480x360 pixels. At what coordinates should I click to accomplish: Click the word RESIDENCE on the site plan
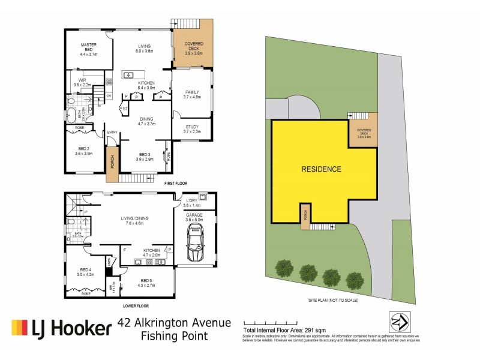coord(321,169)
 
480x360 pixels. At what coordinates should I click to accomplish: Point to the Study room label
coord(192,129)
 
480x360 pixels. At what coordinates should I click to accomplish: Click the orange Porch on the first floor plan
coord(111,164)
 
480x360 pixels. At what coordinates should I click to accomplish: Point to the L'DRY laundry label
coord(192,202)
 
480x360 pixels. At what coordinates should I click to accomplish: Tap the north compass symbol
coord(398,322)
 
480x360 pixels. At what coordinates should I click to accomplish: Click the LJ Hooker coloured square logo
coord(19,328)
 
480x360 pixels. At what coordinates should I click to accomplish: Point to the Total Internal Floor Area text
coord(283,331)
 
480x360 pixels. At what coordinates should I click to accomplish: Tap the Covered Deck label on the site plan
coord(364,133)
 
